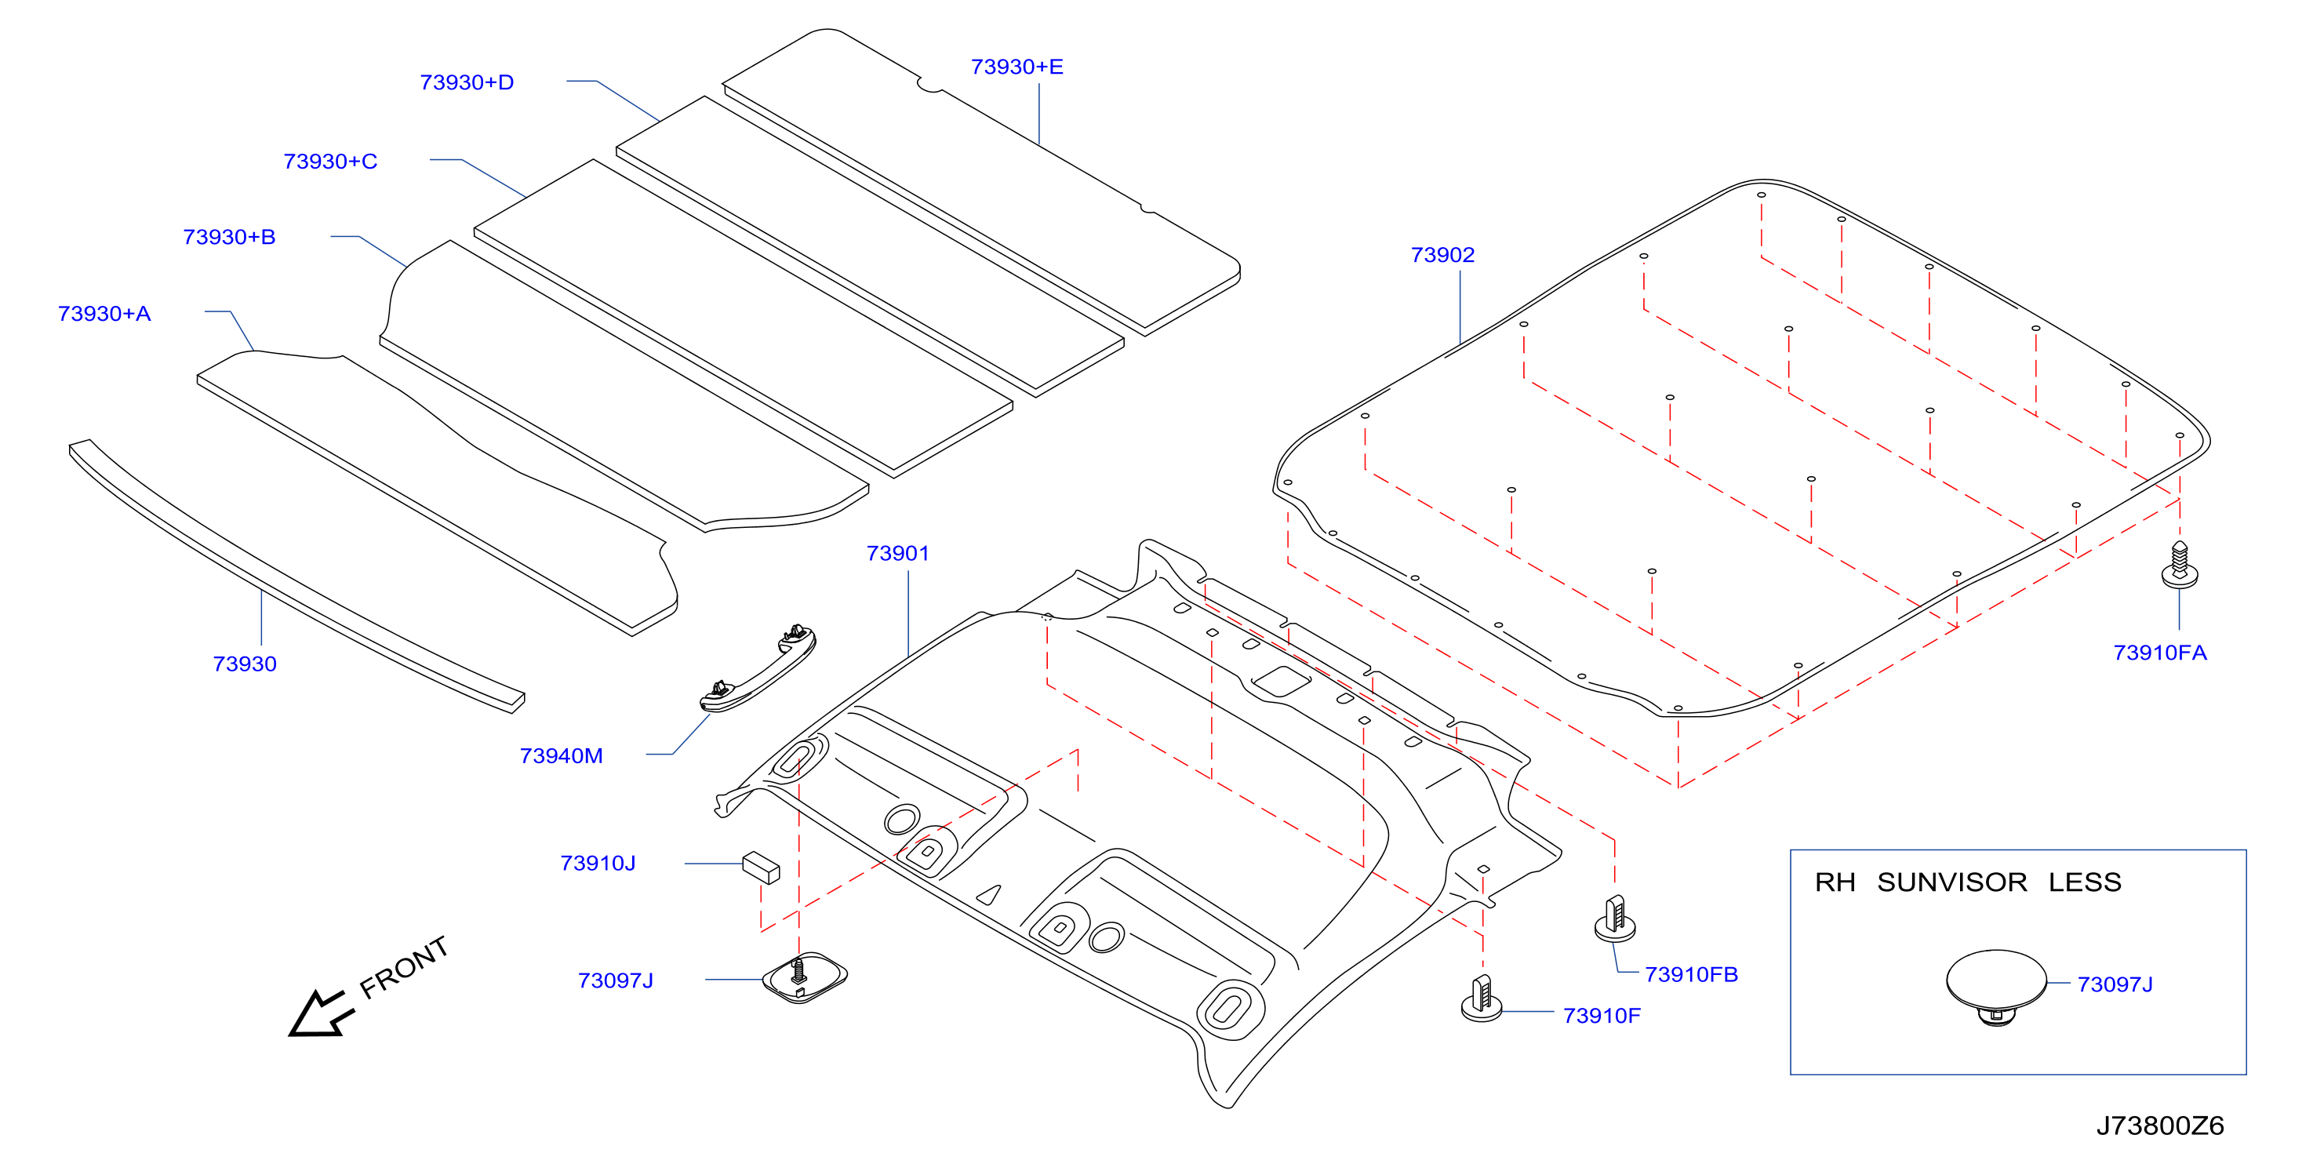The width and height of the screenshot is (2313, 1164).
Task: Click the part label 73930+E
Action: pyautogui.click(x=1016, y=67)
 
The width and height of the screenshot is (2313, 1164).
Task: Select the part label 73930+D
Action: pyautogui.click(x=467, y=82)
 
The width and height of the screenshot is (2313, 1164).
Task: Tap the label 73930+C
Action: pyautogui.click(x=330, y=162)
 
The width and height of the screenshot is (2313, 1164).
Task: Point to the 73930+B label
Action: pyautogui.click(x=229, y=237)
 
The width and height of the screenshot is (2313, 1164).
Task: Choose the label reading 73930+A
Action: pyautogui.click(x=104, y=315)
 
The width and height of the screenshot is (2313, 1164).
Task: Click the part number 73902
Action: pyautogui.click(x=1442, y=255)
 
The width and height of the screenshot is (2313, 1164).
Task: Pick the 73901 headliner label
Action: pyautogui.click(x=897, y=553)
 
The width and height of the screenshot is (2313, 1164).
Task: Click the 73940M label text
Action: pyautogui.click(x=561, y=756)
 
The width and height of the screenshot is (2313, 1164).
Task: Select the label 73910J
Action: pyautogui.click(x=598, y=863)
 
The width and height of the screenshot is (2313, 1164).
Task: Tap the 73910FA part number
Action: pyautogui.click(x=2159, y=653)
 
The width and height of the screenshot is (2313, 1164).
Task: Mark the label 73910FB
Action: pyautogui.click(x=1692, y=974)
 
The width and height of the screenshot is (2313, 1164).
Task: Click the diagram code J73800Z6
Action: pyautogui.click(x=2160, y=1126)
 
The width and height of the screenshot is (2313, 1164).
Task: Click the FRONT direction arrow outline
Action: pyautogui.click(x=321, y=1014)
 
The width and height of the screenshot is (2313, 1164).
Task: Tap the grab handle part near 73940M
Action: pyautogui.click(x=758, y=669)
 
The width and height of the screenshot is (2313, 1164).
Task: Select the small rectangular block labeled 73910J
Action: pyautogui.click(x=761, y=868)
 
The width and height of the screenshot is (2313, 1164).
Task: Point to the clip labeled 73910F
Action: pyautogui.click(x=1482, y=998)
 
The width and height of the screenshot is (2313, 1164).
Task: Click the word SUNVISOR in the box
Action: pyautogui.click(x=1952, y=882)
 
